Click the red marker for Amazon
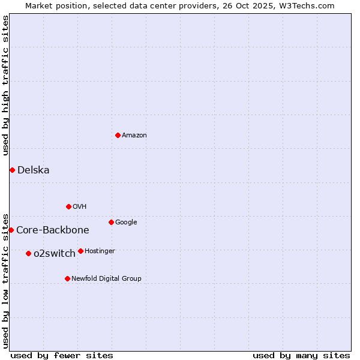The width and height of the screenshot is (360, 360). [118, 135]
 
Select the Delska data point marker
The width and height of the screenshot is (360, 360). [12, 170]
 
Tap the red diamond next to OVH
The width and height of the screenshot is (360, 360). [68, 206]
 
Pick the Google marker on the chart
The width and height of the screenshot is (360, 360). [111, 222]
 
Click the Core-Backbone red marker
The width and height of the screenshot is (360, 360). [11, 230]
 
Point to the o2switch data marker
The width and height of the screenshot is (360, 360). [28, 253]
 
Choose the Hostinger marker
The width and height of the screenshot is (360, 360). [80, 251]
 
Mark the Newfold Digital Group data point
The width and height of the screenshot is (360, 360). [67, 278]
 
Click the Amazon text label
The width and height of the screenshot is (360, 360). [134, 136]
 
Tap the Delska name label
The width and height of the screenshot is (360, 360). [34, 170]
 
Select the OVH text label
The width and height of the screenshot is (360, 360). [80, 207]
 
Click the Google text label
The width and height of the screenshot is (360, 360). [126, 223]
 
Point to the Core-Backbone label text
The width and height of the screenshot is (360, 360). [53, 230]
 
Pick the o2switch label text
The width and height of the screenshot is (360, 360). [55, 254]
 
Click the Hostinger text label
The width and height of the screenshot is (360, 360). [100, 251]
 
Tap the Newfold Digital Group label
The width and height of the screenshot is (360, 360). [106, 279]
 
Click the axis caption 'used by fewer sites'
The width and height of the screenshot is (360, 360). [62, 355]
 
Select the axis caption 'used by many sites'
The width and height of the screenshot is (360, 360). [301, 355]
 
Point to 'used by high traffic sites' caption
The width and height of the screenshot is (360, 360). [5, 86]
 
